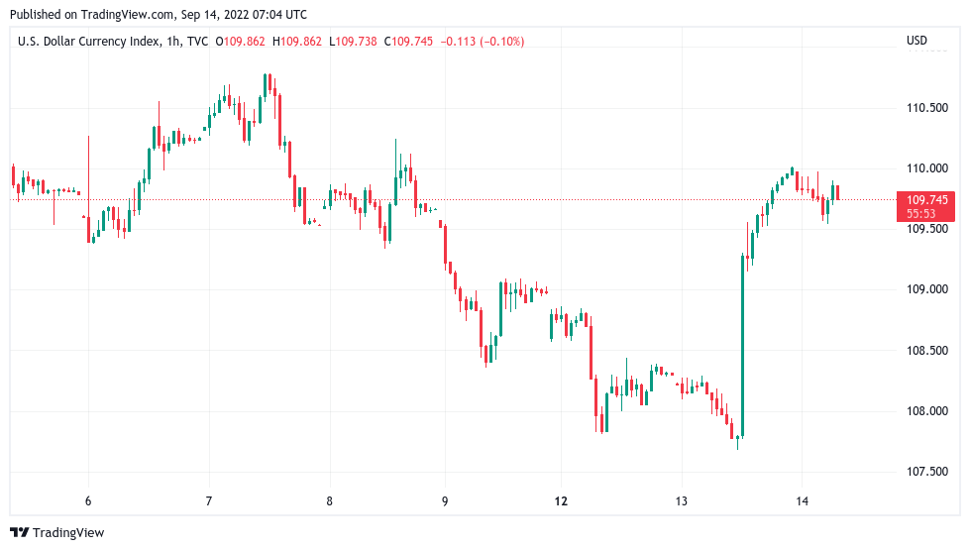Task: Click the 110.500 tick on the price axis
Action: pos(926,107)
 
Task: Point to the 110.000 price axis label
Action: pos(926,168)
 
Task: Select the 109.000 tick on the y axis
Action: pos(926,289)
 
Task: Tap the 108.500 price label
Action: pos(926,351)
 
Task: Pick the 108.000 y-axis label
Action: pos(926,411)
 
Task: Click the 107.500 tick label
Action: pos(926,472)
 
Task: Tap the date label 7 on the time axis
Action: pos(209,501)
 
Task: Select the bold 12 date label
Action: pos(561,501)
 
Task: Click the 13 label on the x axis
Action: pos(682,501)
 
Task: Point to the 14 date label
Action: pos(803,501)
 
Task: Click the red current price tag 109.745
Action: pos(926,200)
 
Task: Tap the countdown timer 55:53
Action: pos(921,213)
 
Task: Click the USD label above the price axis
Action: pos(916,41)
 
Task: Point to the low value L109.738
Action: pos(353,41)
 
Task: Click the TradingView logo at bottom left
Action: pos(57,533)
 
